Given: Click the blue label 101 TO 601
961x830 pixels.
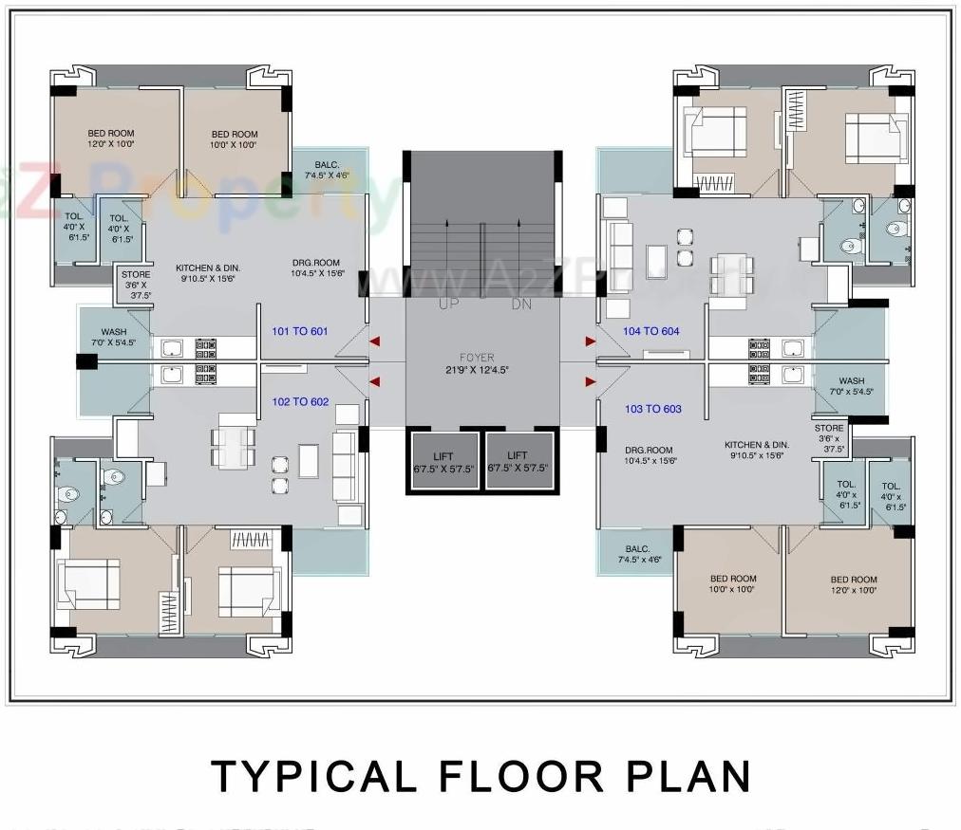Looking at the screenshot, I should [299, 331].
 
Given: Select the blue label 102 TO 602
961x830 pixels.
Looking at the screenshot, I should [300, 401].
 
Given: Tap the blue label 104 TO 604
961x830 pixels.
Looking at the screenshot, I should [650, 331].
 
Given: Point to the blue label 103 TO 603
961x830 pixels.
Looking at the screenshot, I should [652, 409].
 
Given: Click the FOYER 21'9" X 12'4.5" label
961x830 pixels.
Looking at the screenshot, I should [476, 364].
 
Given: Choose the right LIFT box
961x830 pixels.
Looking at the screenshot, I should [518, 462].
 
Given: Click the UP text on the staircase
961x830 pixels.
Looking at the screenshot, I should [449, 304].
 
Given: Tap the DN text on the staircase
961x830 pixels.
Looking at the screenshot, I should [522, 304].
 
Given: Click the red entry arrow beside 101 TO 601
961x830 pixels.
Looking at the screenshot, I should [375, 341].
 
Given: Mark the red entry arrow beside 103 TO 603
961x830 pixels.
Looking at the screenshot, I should [591, 381].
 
